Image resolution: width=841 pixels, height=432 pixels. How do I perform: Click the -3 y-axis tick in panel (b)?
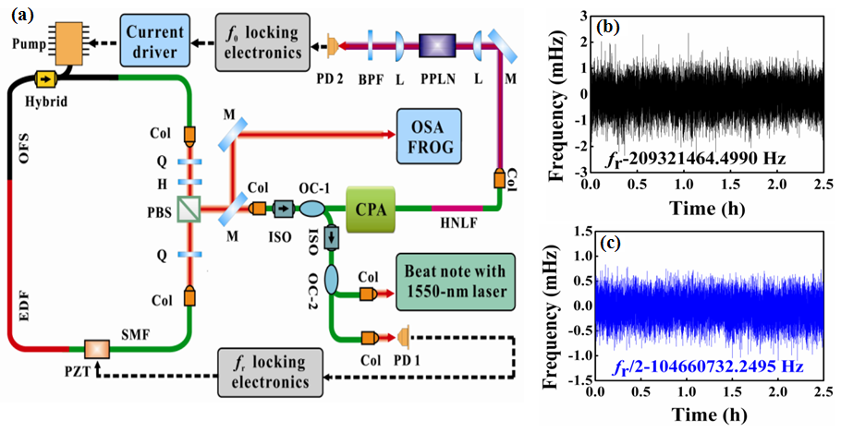pyautogui.click(x=580, y=173)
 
